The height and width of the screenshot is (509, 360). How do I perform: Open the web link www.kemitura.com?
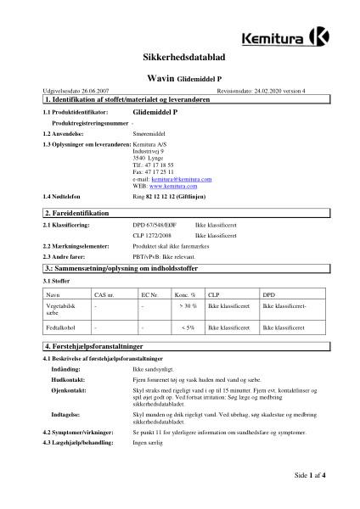tap(172, 185)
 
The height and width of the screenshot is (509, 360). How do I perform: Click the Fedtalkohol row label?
tap(61, 327)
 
